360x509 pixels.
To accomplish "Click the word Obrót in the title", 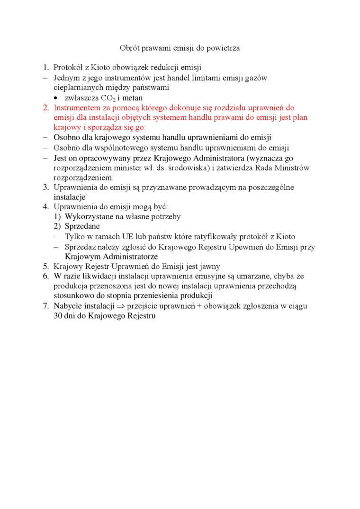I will point(129,48).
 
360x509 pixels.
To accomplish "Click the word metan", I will point(133,98).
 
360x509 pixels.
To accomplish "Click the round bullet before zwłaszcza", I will point(56,98).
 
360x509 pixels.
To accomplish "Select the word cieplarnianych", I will point(76,88).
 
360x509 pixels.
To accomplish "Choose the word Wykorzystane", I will point(88,216).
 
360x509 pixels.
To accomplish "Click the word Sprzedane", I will point(82,226).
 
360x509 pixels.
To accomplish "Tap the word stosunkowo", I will point(72,296).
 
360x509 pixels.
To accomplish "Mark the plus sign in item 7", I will point(199,306).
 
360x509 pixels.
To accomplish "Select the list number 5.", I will point(45,267).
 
